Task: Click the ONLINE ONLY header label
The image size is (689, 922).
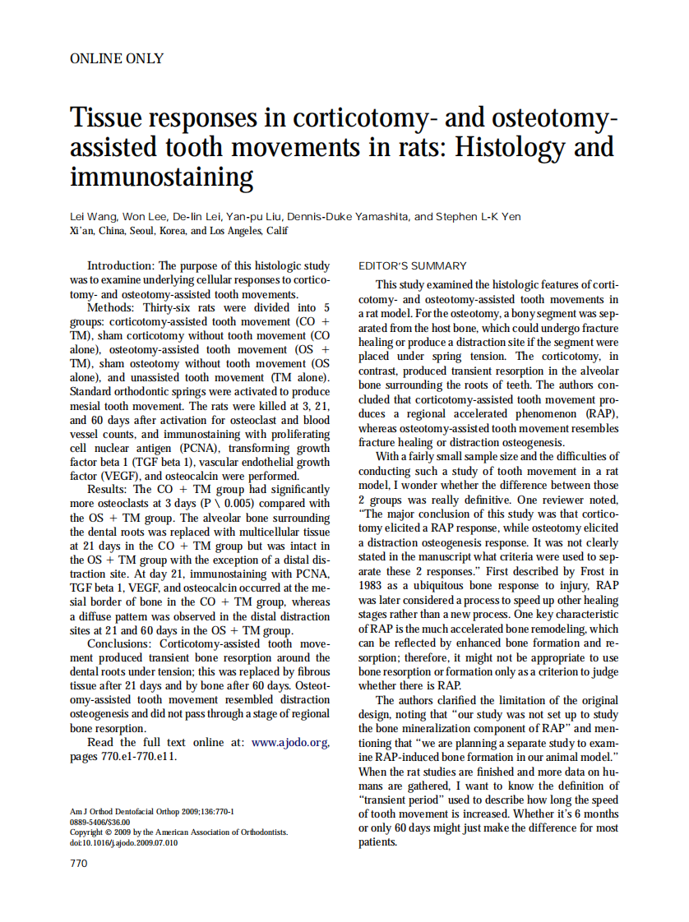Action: coord(117,58)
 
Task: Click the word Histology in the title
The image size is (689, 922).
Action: coord(509,147)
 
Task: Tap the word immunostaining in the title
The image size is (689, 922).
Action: coord(162,176)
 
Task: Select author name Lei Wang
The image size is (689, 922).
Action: coord(95,217)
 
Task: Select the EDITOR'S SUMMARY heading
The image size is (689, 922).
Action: coord(413,265)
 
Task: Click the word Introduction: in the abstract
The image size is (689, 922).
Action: coord(121,266)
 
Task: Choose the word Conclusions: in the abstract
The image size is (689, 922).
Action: coord(121,643)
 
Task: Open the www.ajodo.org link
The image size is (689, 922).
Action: coord(290,742)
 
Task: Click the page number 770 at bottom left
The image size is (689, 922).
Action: coord(79,863)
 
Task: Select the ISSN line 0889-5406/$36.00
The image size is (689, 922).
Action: coord(100,822)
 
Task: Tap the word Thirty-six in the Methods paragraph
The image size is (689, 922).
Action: coord(170,308)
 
